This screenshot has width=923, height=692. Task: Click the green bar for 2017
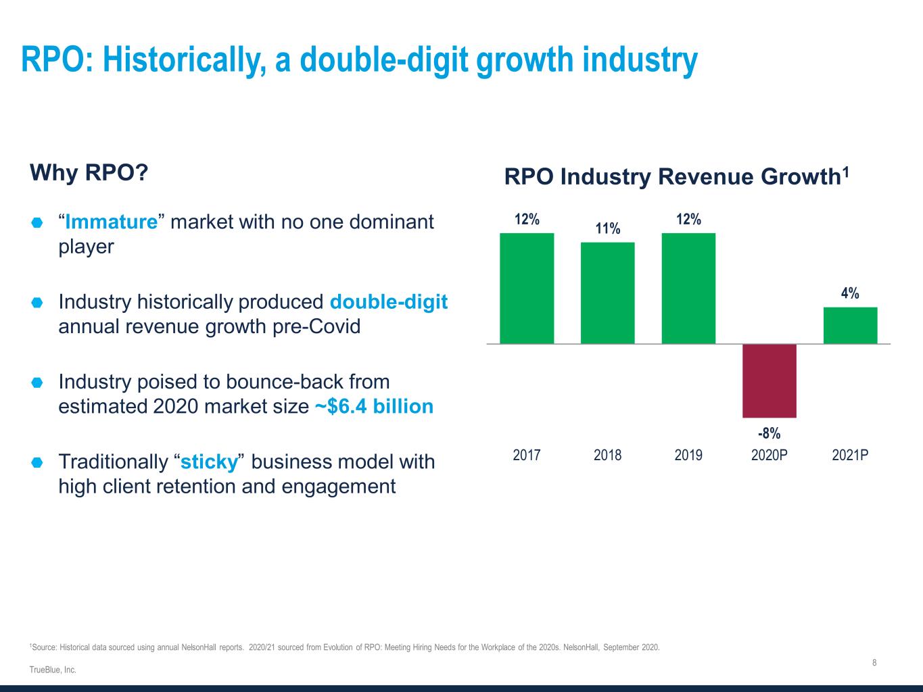click(527, 289)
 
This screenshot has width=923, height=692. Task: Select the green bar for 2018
click(607, 293)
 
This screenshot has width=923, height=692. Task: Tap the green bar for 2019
click(688, 289)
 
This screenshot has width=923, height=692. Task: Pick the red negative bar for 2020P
click(770, 380)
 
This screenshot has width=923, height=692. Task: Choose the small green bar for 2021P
click(850, 326)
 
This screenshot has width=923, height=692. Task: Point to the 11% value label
click(607, 228)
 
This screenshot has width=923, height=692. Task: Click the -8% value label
click(770, 433)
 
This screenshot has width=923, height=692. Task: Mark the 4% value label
click(850, 293)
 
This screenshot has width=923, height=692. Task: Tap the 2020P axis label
click(770, 455)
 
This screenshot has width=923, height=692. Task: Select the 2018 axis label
click(607, 455)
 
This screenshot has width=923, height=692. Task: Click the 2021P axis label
click(850, 455)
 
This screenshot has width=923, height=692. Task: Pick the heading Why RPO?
click(89, 172)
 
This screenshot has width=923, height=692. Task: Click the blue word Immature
click(112, 222)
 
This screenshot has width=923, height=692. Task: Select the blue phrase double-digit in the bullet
click(389, 301)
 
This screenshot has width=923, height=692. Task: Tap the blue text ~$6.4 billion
click(374, 407)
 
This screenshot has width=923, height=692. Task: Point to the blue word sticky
click(210, 462)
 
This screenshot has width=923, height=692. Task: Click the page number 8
click(874, 663)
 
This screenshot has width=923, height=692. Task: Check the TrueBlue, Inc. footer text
click(53, 670)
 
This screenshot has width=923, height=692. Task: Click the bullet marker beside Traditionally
click(37, 463)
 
